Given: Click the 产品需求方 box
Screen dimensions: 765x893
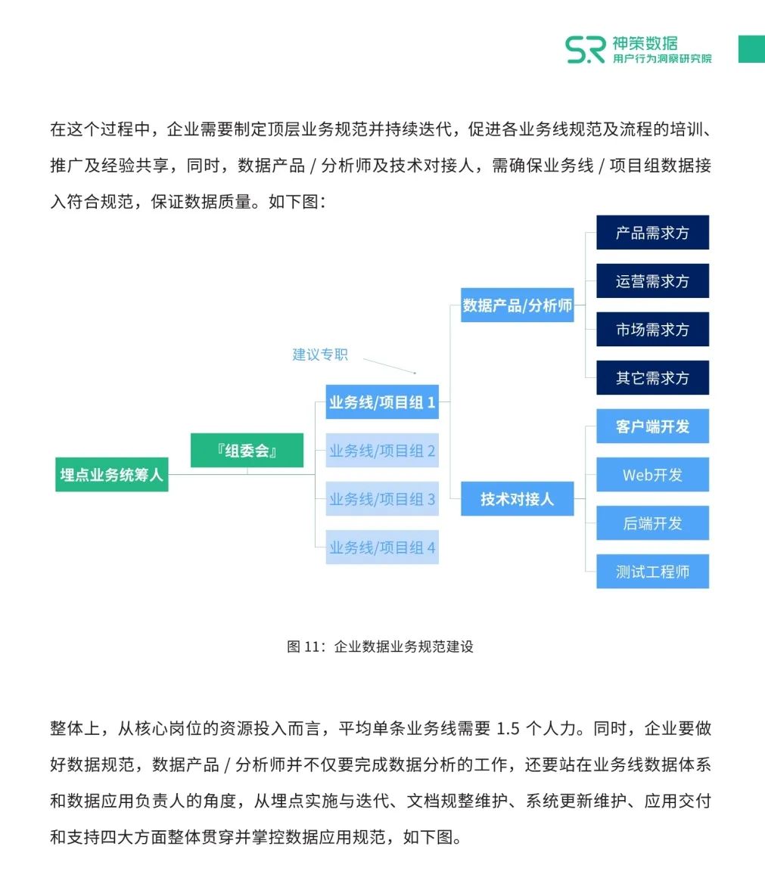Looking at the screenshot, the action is (x=652, y=233).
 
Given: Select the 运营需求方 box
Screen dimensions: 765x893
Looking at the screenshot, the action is (x=652, y=281).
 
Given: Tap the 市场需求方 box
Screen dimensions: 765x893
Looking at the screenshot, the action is (x=652, y=330).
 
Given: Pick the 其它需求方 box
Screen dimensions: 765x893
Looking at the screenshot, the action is (x=652, y=378).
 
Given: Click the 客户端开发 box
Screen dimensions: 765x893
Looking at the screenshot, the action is (x=652, y=426).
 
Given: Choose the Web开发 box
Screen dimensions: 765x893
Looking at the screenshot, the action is (x=652, y=475).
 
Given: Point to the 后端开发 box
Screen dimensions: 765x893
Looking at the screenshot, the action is (x=652, y=523).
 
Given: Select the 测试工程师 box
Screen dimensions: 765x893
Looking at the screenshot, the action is (x=652, y=572).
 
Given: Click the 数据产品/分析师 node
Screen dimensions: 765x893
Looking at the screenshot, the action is (x=518, y=305).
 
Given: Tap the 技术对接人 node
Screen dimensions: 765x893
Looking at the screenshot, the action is (x=518, y=499).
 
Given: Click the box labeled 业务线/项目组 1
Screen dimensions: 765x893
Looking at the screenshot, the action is (x=382, y=402).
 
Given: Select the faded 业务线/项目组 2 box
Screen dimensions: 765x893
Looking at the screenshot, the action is (x=382, y=451).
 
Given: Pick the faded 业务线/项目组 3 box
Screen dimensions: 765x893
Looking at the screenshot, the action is (x=382, y=499).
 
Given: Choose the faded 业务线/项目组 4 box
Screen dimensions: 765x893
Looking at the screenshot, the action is (x=382, y=547).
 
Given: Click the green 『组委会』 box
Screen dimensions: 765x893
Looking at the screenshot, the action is (x=247, y=451).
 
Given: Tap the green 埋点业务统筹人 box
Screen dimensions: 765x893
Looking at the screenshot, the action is (x=112, y=475).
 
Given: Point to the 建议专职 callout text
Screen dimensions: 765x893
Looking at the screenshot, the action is (x=320, y=355).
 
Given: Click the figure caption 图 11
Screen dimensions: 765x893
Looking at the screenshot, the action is (x=380, y=646).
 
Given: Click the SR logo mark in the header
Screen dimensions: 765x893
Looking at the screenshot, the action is (x=585, y=49).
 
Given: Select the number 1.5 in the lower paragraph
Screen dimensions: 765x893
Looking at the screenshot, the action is (x=508, y=729).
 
